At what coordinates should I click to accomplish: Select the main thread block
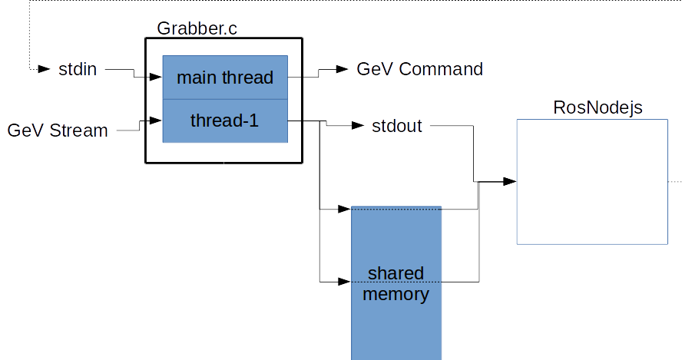point(225,78)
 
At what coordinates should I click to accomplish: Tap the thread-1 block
point(225,121)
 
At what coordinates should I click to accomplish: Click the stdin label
point(78,69)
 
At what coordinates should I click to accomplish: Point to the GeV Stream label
point(58,130)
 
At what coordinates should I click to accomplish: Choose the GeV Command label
point(419,69)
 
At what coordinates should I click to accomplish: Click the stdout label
point(396,125)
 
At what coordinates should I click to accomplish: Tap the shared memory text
point(396,284)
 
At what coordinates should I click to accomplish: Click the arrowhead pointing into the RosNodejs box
point(509,182)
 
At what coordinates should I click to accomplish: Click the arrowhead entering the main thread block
point(157,78)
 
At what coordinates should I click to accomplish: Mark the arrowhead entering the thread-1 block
point(157,121)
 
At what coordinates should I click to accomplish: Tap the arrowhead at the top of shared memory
point(345,208)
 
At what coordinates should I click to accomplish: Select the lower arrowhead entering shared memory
point(345,282)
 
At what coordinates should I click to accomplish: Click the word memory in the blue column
point(396,294)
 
